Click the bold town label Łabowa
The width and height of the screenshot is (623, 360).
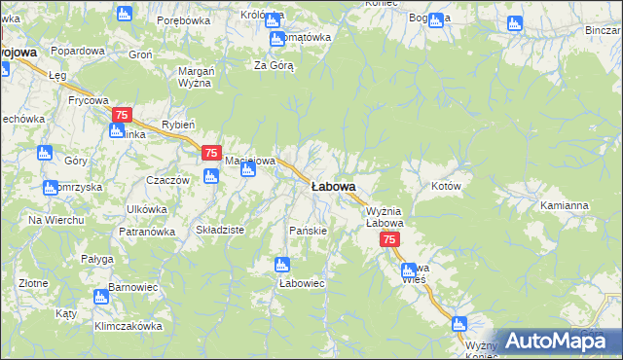(x=333, y=186)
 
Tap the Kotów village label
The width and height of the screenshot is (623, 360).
(x=446, y=185)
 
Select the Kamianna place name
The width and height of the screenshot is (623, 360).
(x=565, y=206)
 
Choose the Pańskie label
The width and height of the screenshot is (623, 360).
(x=309, y=231)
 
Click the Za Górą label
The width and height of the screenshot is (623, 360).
(x=274, y=65)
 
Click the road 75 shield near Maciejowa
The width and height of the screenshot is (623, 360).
(x=211, y=153)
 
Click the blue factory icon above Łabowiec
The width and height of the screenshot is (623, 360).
(x=282, y=264)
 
